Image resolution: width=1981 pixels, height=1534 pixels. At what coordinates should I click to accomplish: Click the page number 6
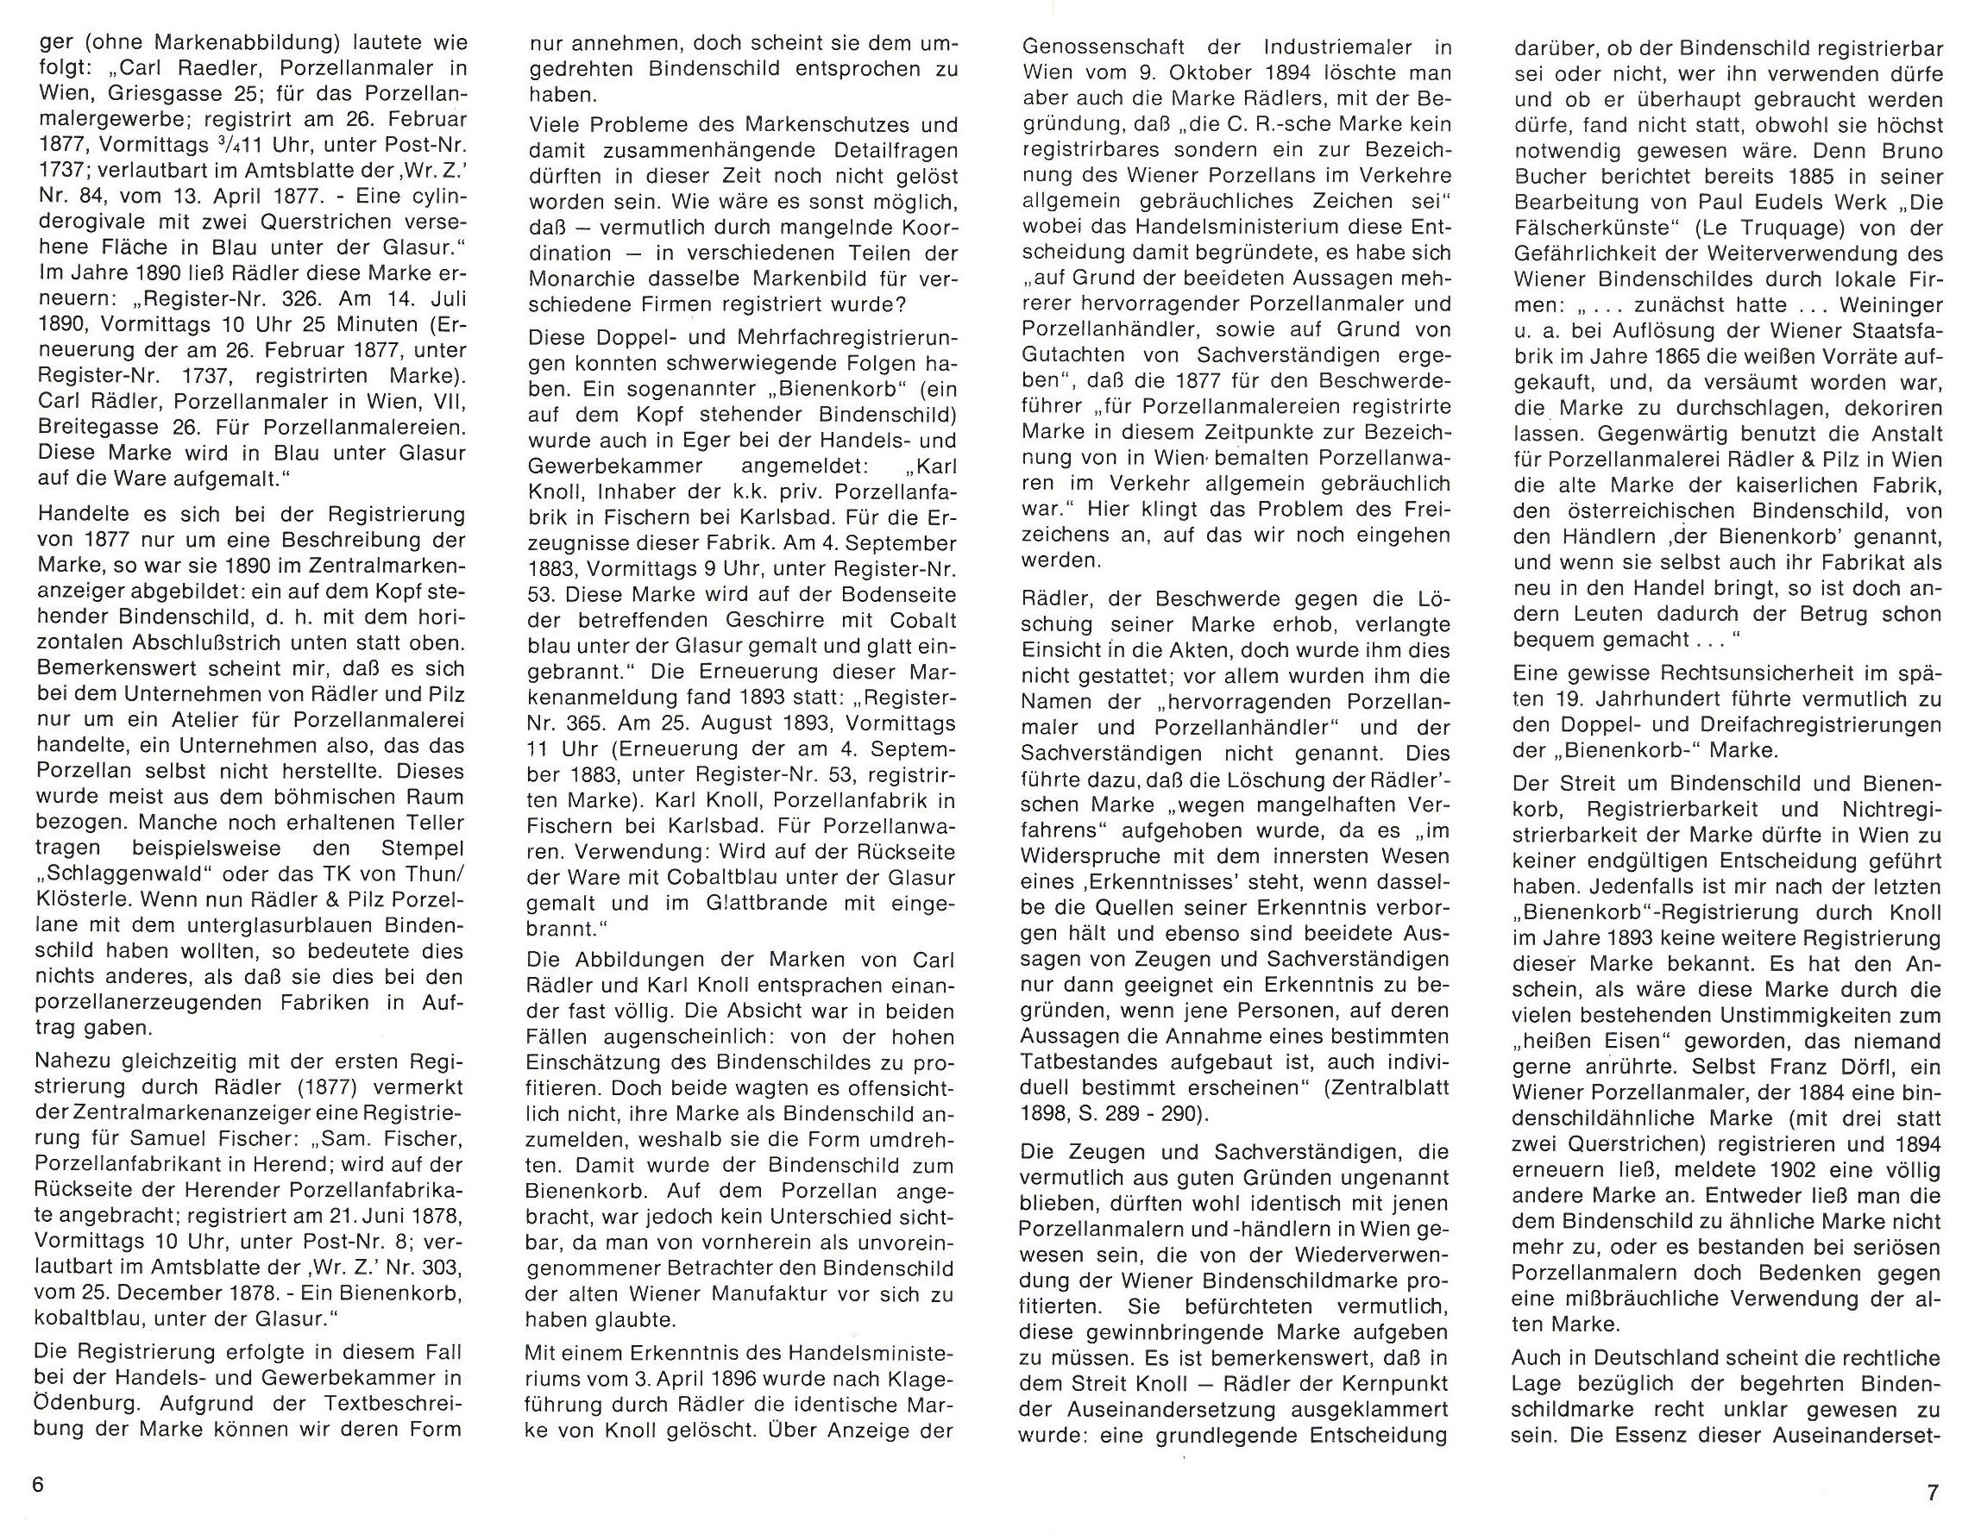point(37,1486)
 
